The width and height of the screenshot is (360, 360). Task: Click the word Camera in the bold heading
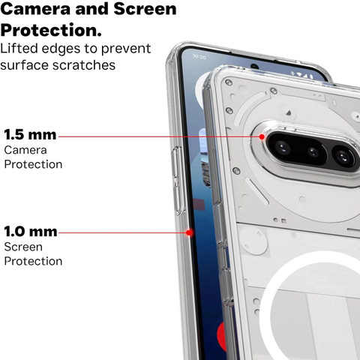coord(36,9)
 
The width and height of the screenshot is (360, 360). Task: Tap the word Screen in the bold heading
coord(145,9)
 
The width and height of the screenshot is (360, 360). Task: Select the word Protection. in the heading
coord(51,30)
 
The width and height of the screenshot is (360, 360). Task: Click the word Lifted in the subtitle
coord(19,48)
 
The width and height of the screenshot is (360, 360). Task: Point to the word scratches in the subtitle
coord(84,65)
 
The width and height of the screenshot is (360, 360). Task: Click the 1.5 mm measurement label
coord(30,134)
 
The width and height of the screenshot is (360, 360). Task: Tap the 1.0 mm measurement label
coord(31,231)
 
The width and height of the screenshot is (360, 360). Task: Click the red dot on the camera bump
coord(262,136)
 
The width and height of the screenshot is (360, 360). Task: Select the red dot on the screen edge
coord(189,232)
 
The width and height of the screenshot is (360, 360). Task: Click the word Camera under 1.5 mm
coord(25,150)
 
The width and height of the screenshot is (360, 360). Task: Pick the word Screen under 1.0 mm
coord(23,247)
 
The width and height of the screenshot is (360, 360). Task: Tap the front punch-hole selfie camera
coord(254,67)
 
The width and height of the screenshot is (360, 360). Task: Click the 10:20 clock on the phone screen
coord(199,57)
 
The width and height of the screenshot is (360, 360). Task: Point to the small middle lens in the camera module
coord(313,151)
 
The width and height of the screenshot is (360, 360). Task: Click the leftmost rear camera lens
coord(283,148)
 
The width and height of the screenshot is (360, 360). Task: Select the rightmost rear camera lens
coord(343,157)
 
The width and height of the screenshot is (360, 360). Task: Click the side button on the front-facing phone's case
coord(178,180)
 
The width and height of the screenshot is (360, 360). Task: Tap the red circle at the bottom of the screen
coord(221,336)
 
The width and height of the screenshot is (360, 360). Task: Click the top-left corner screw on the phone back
coord(229,82)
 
